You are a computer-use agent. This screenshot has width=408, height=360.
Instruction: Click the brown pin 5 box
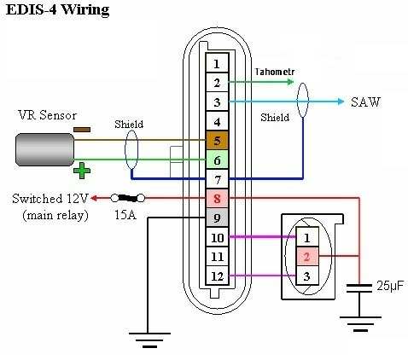click(217, 141)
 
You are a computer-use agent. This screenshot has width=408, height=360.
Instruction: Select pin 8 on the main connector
click(217, 199)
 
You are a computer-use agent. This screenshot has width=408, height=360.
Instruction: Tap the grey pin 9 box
click(217, 218)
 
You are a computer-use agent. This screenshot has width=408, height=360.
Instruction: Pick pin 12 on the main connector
click(217, 276)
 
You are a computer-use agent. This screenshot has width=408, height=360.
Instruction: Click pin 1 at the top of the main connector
click(217, 63)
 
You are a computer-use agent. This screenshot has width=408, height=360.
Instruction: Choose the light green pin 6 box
click(217, 160)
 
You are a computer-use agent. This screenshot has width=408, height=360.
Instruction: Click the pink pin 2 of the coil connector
click(307, 257)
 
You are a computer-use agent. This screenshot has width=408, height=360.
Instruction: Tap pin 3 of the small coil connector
click(307, 276)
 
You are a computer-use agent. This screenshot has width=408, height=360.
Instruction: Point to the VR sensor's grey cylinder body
click(44, 149)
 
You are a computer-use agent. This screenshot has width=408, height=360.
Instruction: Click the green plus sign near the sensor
click(82, 171)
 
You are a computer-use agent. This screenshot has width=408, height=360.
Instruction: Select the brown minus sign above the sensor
click(82, 130)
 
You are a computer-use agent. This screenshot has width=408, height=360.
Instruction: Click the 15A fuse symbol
click(128, 198)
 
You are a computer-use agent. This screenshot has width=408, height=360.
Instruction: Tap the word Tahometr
click(274, 72)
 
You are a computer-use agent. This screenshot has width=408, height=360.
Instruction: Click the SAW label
click(365, 102)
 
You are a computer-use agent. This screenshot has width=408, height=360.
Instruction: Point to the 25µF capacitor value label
click(390, 286)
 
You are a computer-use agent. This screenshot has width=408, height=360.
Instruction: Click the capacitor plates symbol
click(359, 288)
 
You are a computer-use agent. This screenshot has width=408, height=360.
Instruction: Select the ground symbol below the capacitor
click(360, 324)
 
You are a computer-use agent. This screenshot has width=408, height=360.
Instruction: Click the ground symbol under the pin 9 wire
click(149, 340)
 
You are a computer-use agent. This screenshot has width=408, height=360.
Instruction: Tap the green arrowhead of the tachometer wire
click(290, 82)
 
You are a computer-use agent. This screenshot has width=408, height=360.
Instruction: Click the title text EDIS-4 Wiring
click(57, 9)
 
